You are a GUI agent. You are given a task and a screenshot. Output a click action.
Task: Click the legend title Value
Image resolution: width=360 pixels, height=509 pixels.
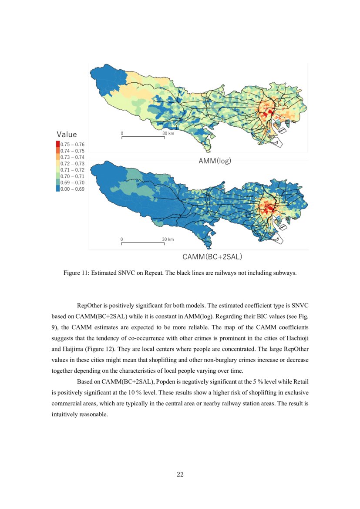point(67,135)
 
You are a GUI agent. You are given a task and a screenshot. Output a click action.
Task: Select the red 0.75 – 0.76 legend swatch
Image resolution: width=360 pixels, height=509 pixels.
point(58,144)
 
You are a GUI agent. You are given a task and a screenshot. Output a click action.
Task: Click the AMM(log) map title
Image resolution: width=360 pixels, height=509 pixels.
point(215,161)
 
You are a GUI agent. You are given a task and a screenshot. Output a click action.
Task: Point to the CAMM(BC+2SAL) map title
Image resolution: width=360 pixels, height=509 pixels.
point(212,256)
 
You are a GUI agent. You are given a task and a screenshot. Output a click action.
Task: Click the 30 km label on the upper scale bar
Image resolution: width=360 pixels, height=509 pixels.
point(168,133)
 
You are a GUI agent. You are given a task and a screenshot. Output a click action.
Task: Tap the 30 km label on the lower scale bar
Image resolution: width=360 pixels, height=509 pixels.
point(168,239)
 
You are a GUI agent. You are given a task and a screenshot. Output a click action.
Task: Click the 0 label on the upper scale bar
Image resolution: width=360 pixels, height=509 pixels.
point(122,133)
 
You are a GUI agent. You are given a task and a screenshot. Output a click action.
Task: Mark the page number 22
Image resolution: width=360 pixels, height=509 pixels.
point(180,475)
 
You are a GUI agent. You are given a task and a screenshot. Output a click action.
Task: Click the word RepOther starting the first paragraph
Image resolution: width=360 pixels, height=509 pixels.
point(89,305)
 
